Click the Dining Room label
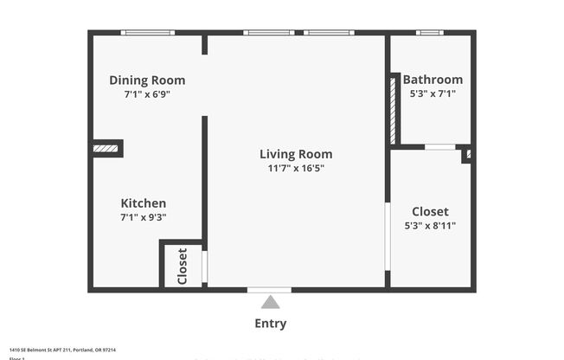click(147, 80)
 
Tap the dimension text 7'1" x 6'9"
click(147, 94)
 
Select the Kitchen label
click(143, 203)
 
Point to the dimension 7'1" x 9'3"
click(143, 217)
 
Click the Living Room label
click(296, 154)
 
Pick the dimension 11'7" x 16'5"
click(296, 168)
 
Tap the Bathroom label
click(433, 80)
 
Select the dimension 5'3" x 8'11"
click(430, 225)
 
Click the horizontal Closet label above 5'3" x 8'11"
click(430, 211)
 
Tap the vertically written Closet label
click(183, 266)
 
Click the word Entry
click(270, 324)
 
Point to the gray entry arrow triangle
click(271, 303)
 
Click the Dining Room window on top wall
click(148, 33)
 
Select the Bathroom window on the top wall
click(430, 33)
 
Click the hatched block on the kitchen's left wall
click(106, 149)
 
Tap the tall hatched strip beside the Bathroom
click(392, 109)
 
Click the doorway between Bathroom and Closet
click(440, 147)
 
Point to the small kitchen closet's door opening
click(205, 267)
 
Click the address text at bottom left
click(62, 350)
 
